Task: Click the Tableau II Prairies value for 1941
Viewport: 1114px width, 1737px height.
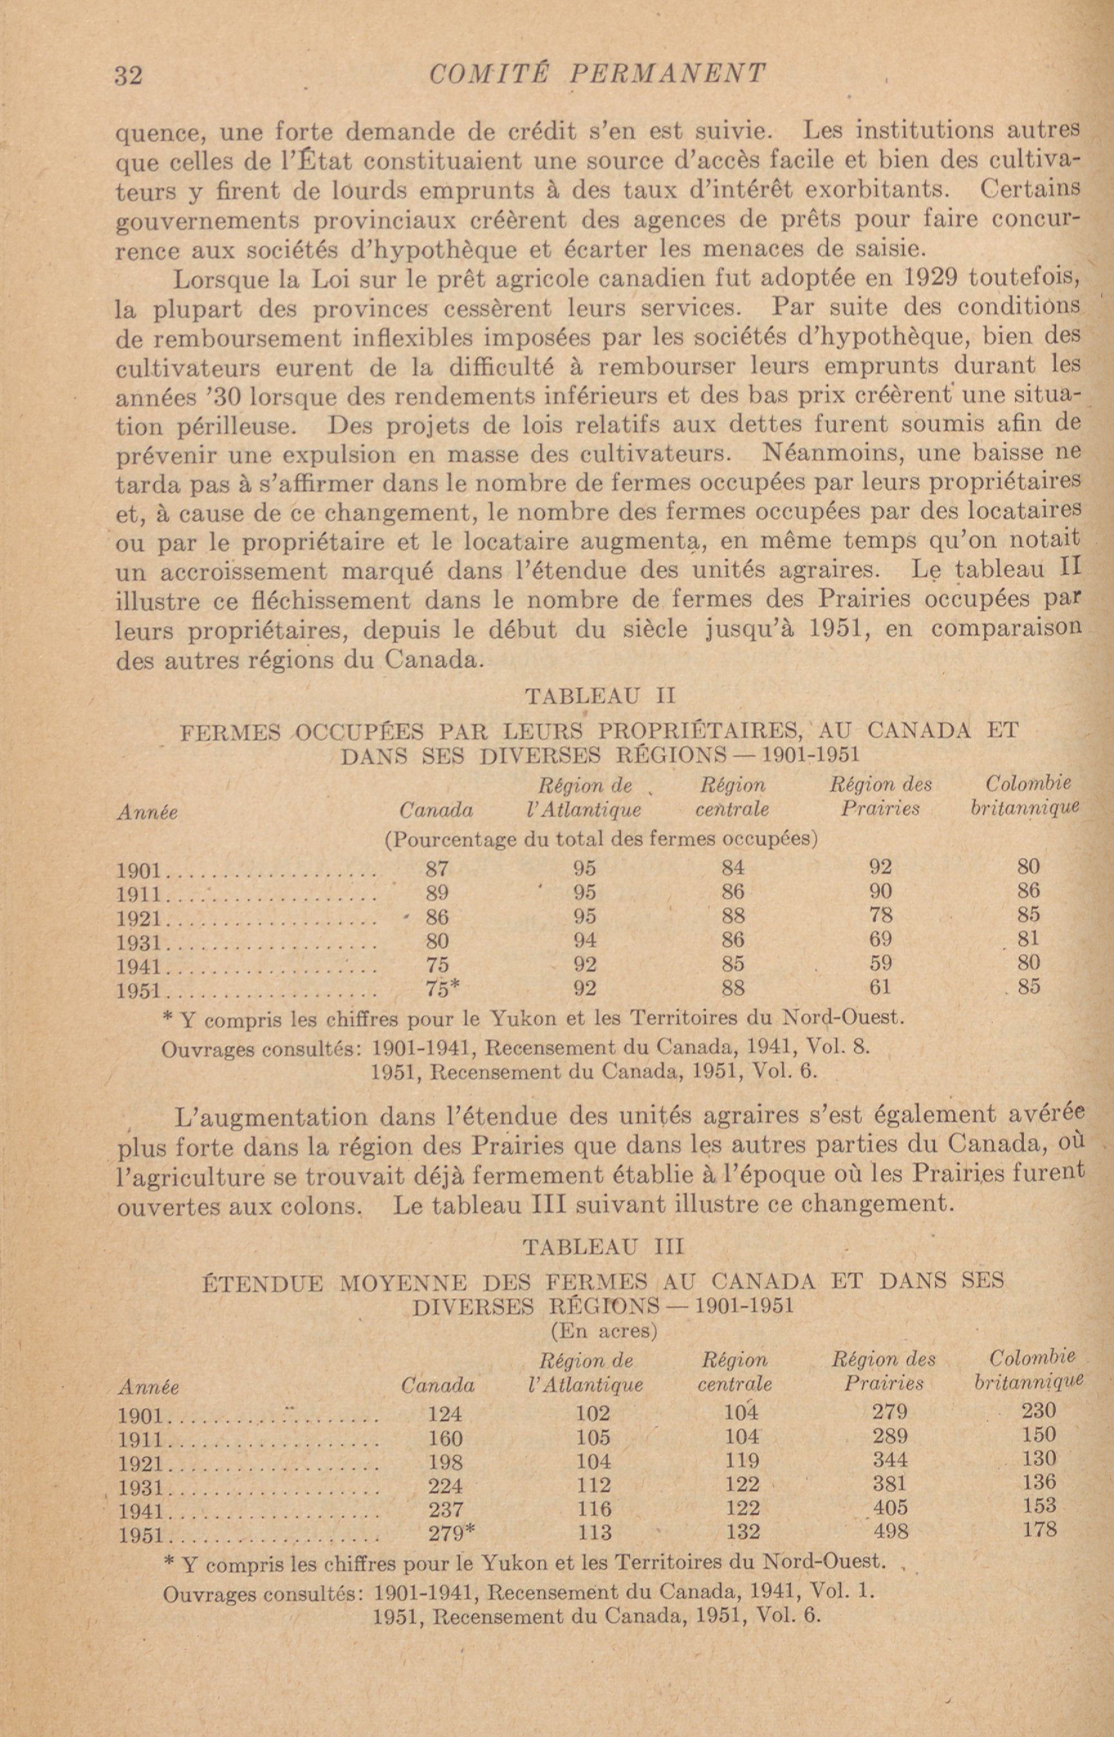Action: pyautogui.click(x=880, y=964)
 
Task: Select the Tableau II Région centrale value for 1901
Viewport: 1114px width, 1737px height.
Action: pyautogui.click(x=733, y=867)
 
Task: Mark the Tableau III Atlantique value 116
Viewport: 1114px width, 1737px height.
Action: pyautogui.click(x=595, y=1508)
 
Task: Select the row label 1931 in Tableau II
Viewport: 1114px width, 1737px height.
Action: pyautogui.click(x=142, y=943)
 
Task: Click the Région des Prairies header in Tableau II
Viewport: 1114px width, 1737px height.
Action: pyautogui.click(x=880, y=796)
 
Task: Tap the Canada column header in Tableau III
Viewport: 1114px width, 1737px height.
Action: pyautogui.click(x=438, y=1385)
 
